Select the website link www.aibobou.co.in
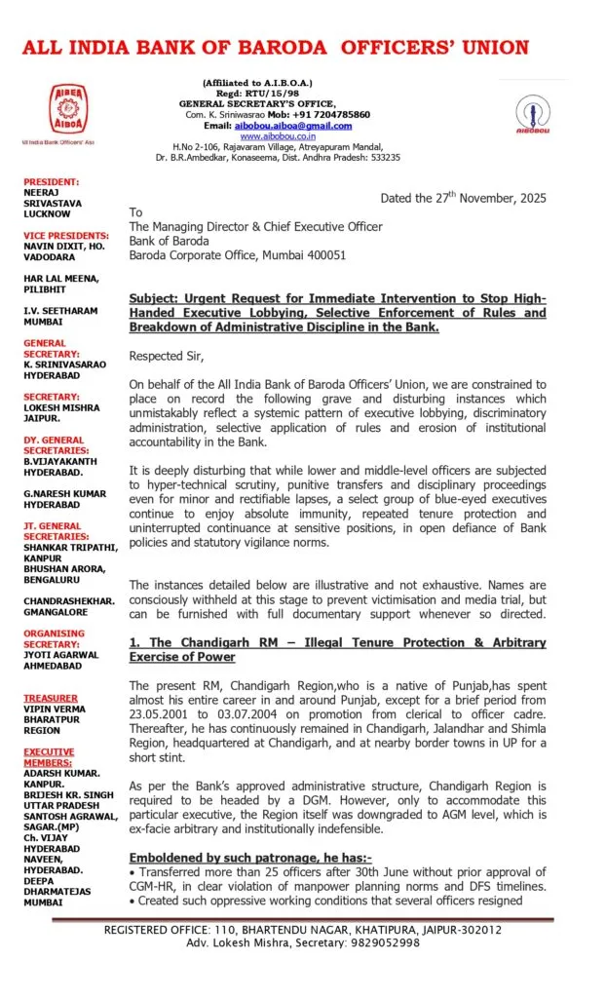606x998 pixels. pyautogui.click(x=263, y=136)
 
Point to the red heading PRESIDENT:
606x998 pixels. pyautogui.click(x=52, y=182)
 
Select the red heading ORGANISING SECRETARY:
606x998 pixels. pyautogui.click(x=54, y=638)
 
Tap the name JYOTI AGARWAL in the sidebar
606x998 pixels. pyautogui.click(x=61, y=655)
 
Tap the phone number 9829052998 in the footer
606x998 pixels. pyautogui.click(x=388, y=942)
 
